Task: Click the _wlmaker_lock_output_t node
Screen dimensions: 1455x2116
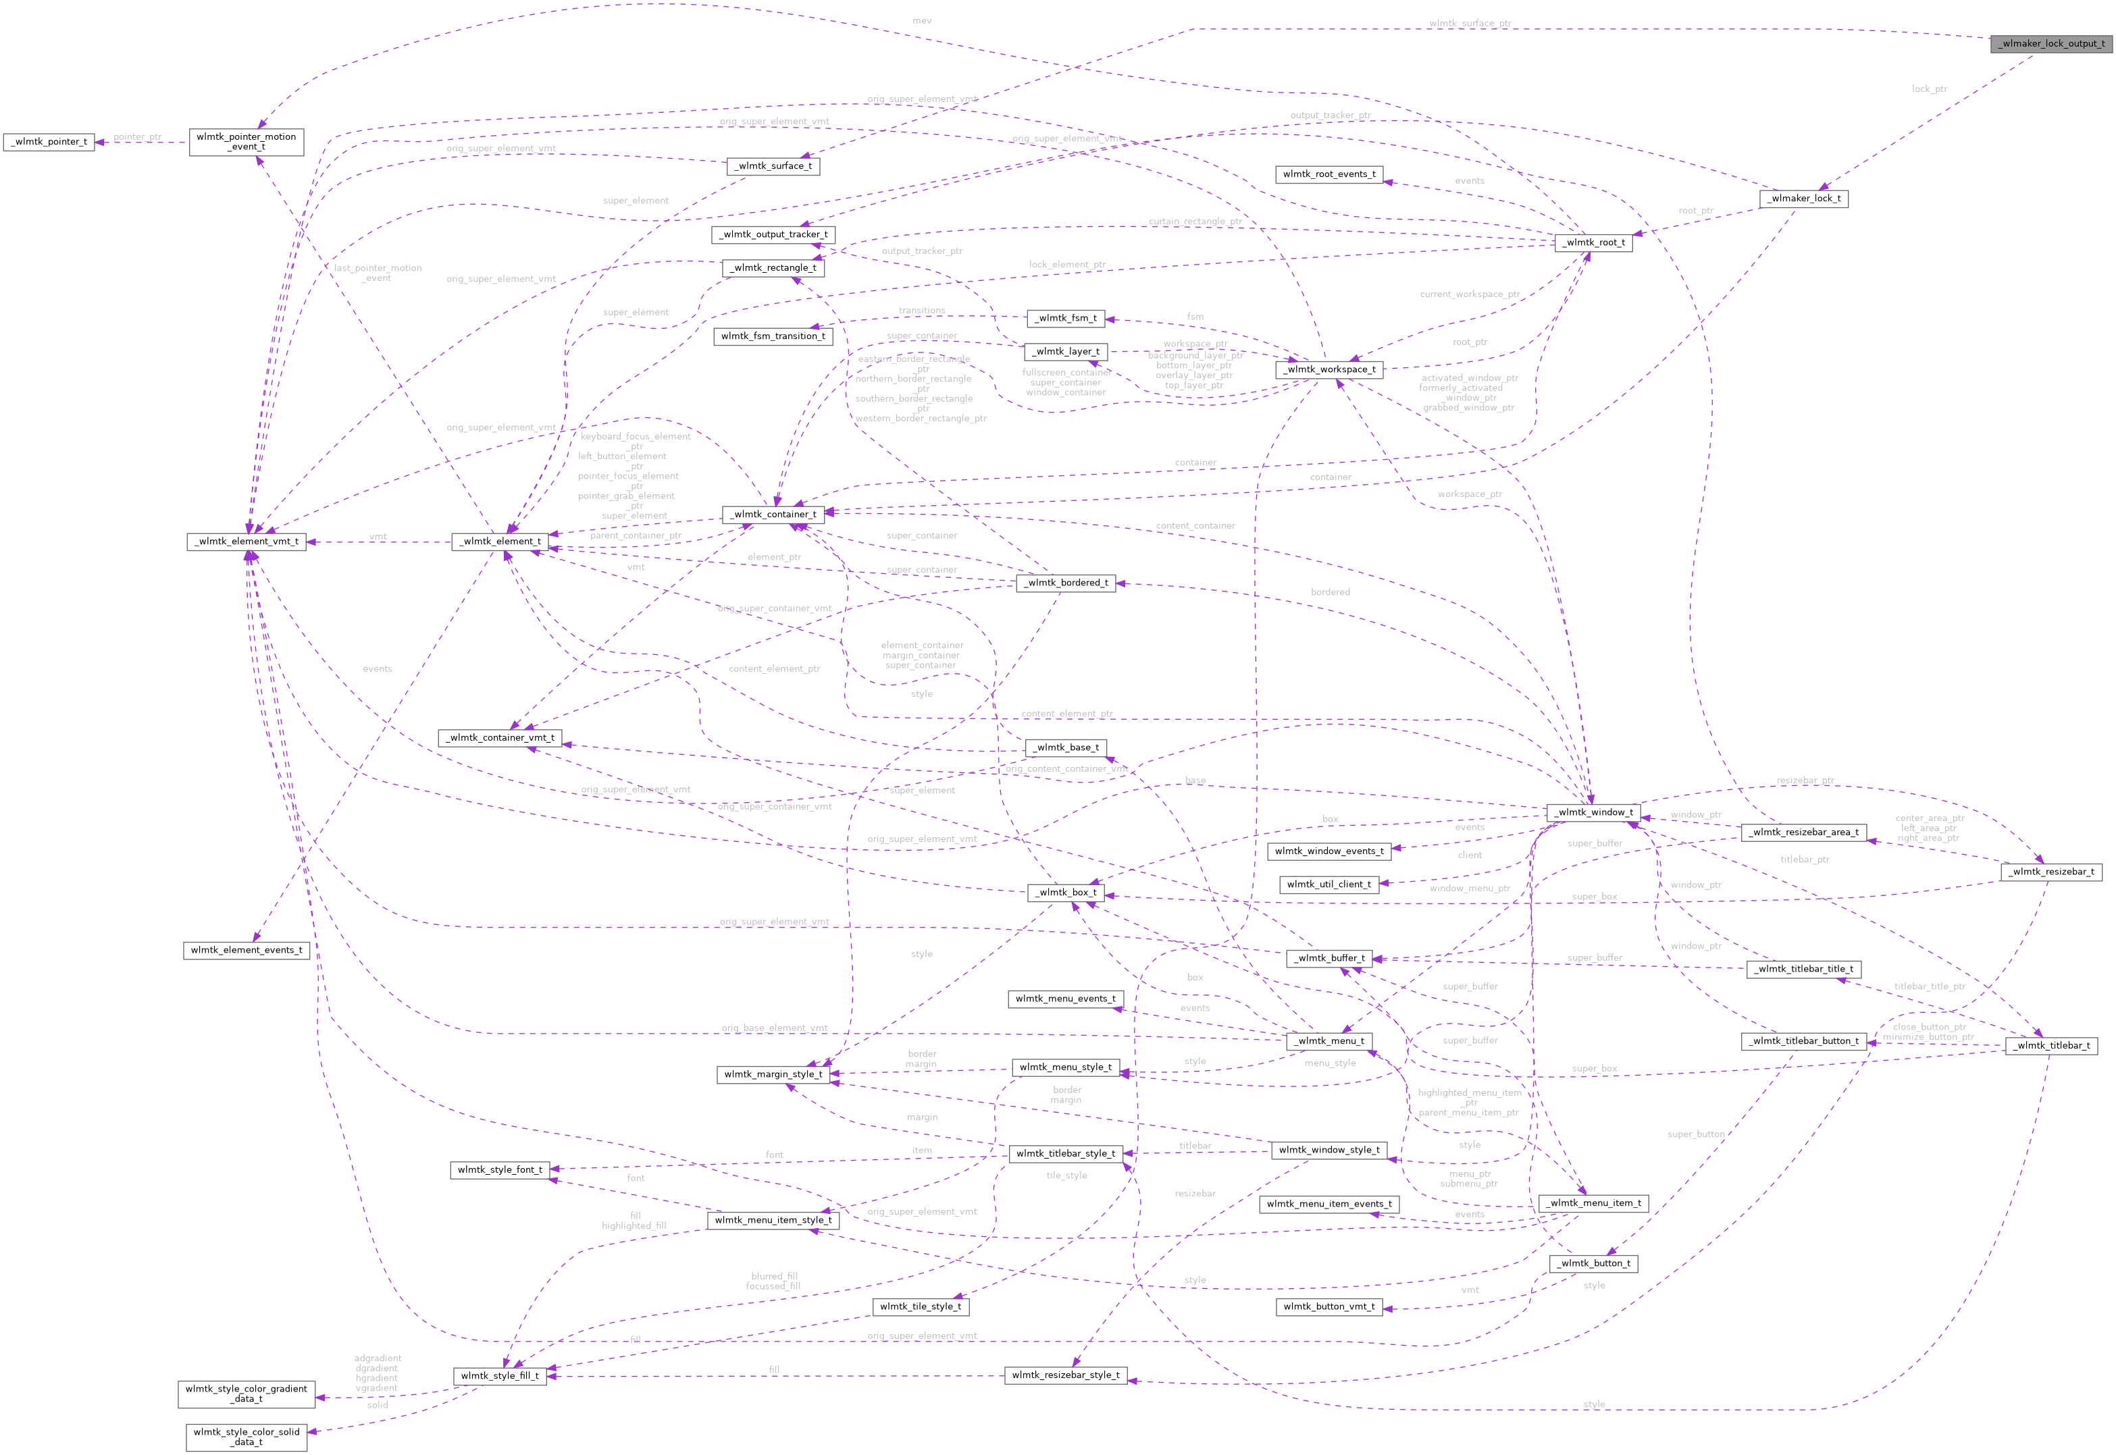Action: [2051, 43]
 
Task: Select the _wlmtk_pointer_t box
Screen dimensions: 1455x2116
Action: [49, 141]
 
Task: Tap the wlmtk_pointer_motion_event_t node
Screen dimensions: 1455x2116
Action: [246, 141]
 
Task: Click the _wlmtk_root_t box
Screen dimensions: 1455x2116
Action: [1592, 242]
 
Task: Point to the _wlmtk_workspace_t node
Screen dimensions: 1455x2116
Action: [1329, 369]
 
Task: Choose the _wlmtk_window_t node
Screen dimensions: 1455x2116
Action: [1593, 812]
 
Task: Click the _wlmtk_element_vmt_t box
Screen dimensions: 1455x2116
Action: [246, 541]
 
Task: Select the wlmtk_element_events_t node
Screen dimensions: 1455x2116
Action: [246, 950]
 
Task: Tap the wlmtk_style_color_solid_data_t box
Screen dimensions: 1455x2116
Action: [246, 1437]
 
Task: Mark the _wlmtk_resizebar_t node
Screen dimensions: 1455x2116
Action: [2051, 872]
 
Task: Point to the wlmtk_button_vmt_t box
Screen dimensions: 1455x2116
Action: [1328, 1306]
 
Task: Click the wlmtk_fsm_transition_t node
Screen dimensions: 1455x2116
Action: [773, 336]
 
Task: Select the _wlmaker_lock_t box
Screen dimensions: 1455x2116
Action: [1803, 198]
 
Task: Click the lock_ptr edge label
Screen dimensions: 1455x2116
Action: [1929, 89]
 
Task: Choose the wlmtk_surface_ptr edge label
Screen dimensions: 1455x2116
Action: [1470, 24]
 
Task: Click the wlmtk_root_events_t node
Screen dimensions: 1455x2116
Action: [1328, 174]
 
